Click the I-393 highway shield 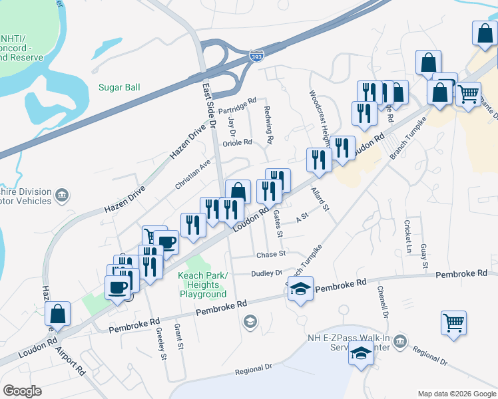tap(257, 57)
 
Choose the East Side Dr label tap(210, 107)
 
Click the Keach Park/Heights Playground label tap(202, 285)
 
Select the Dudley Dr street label tap(267, 273)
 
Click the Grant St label tap(178, 336)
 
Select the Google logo tap(22, 391)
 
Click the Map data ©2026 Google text tap(456, 394)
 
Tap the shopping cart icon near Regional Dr tap(454, 324)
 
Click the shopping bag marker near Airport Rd tap(58, 315)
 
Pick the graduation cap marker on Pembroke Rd tap(301, 289)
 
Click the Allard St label tap(320, 199)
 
